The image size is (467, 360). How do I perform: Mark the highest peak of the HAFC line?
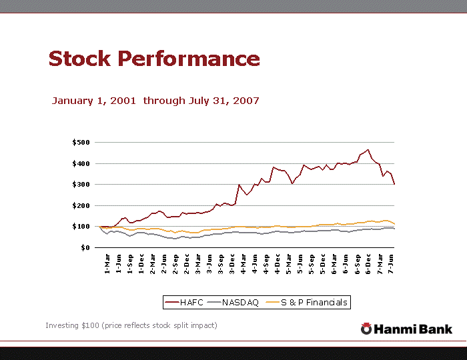tap(368, 149)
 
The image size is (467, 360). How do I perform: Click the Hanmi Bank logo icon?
tap(366, 329)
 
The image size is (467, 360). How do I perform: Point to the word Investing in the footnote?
tap(61, 325)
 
